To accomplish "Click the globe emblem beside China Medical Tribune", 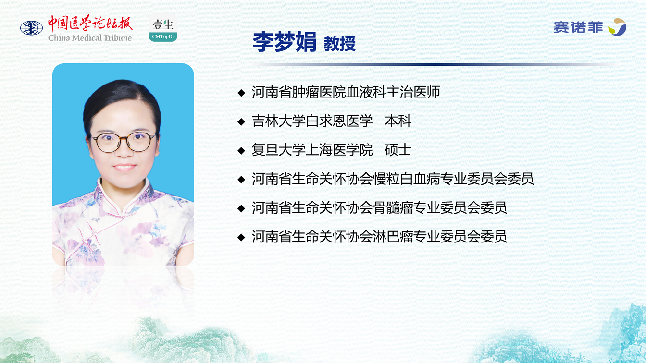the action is point(31,28).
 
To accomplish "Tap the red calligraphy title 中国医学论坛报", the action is point(90,24).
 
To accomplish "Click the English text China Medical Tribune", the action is point(90,38).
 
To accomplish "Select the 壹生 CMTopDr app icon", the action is point(163,28).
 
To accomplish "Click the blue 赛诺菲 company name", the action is point(578,28).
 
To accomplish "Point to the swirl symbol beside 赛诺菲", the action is point(617,27).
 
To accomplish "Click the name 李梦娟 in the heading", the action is point(285,42).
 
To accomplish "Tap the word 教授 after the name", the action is point(340,44).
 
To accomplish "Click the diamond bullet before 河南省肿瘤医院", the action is point(241,93).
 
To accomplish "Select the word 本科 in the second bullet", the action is point(398,121).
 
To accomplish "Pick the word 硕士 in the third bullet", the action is point(398,150).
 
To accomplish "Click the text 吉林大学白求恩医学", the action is point(312,121).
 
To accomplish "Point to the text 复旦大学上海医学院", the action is point(312,150).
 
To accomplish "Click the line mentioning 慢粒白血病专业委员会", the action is point(393,179).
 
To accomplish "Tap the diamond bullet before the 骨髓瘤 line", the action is point(241,208).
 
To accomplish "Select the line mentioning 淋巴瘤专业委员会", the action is point(379,237).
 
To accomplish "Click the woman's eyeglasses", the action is point(124,142).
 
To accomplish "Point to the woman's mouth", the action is point(124,167).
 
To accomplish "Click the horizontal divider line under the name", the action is point(433,64).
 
